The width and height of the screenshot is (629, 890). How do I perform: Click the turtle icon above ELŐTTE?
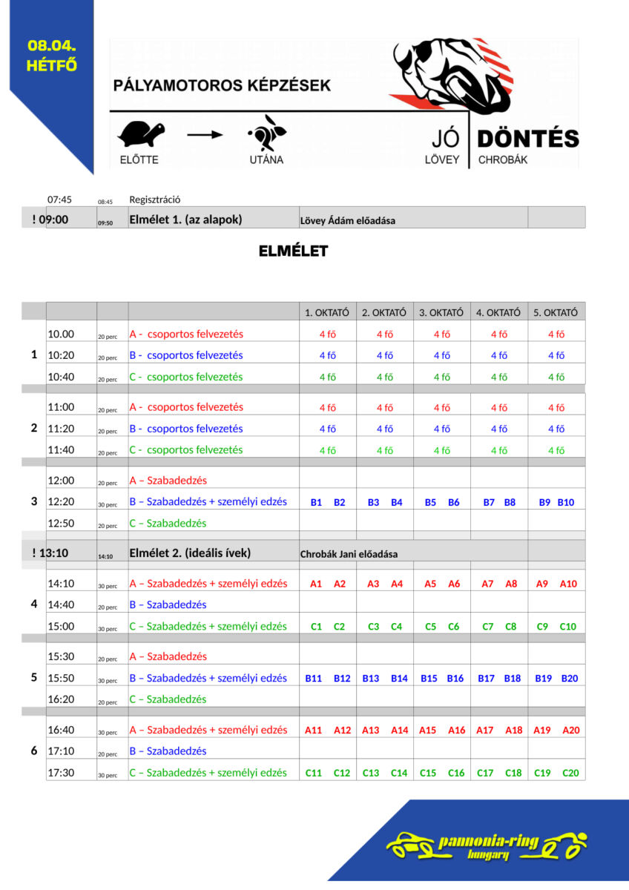coord(141,134)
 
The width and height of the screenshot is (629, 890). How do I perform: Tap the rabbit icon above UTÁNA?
coord(266,135)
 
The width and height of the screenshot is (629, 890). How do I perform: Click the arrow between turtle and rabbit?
coord(205,135)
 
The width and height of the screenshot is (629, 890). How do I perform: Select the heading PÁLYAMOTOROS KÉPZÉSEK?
coord(222,86)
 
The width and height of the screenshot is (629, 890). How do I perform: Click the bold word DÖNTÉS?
coord(527,139)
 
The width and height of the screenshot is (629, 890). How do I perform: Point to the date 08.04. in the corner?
coord(52,46)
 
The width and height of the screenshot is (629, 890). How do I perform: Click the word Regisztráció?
coord(155,200)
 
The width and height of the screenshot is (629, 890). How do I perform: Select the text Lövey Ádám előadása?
coord(347,220)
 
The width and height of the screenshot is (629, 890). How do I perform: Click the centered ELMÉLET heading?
coord(293,251)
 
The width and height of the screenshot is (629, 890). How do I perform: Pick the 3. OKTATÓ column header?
coord(441,312)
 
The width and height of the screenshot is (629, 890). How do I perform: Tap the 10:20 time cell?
coord(61,355)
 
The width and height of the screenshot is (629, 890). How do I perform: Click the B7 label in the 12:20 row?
coord(489,502)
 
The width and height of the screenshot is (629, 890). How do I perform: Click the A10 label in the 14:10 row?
coord(568,584)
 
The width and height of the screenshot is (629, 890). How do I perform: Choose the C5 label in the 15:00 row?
coord(430,627)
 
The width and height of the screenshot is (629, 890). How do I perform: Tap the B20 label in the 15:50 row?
coord(570,678)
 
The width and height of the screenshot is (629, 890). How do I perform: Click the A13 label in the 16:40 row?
coord(371,730)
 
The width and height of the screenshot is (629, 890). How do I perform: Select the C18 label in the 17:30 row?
coord(513,773)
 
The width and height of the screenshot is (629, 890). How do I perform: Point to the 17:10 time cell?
coord(61,751)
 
